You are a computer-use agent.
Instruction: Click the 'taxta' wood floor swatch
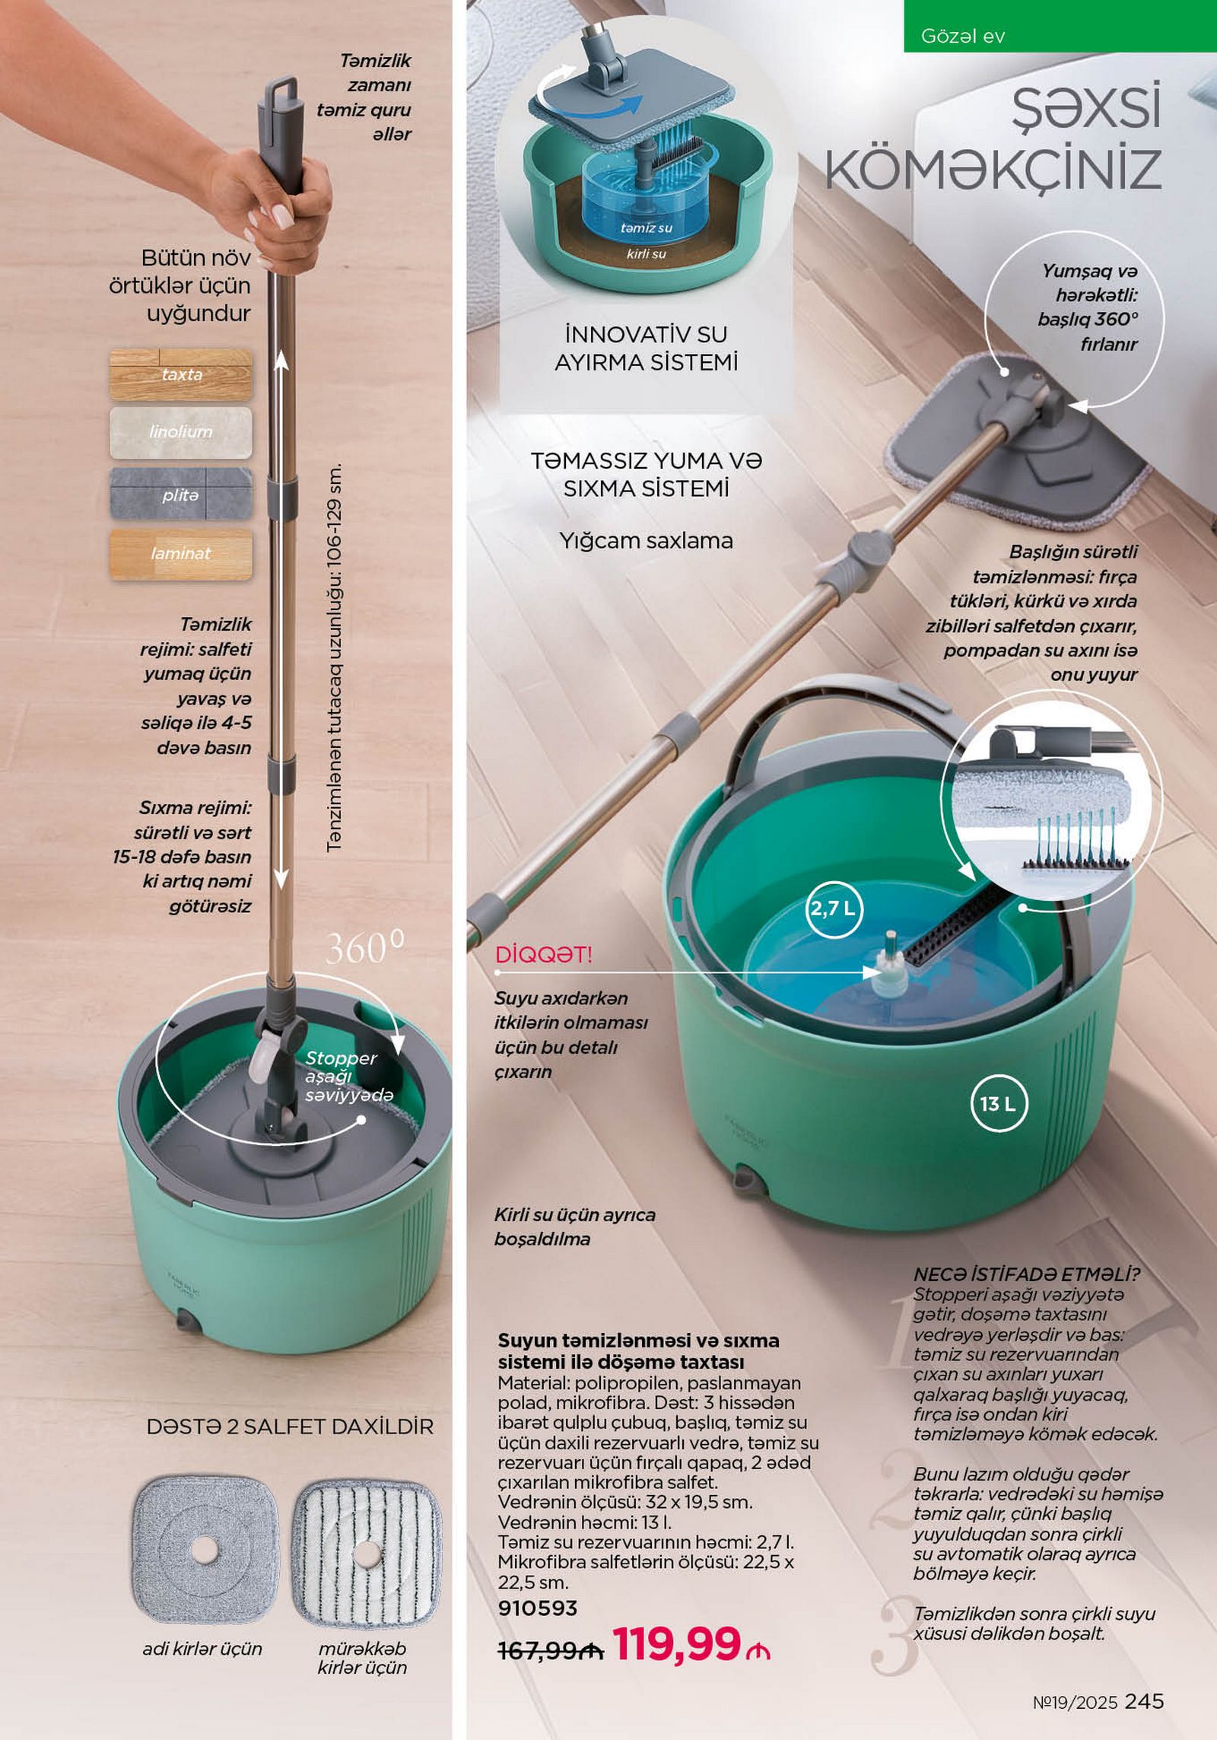[x=180, y=374]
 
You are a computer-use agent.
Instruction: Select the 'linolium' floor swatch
[x=180, y=432]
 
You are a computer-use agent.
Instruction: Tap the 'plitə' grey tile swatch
[x=180, y=495]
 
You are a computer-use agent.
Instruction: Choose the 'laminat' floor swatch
[x=180, y=554]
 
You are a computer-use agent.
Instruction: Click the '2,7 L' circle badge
[x=834, y=908]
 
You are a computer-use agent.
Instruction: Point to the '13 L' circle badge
[x=998, y=1104]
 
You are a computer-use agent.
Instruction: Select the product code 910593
[x=538, y=1608]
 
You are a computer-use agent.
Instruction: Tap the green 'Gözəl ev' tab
[x=1060, y=26]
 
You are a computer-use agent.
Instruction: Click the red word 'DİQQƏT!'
[x=543, y=955]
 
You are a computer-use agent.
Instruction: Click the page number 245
[x=1144, y=1700]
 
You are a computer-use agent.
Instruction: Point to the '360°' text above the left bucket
[x=365, y=948]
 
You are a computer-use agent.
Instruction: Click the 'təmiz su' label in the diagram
[x=646, y=228]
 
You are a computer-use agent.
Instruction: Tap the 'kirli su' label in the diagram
[x=646, y=254]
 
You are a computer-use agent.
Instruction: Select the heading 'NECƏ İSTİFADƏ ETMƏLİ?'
[x=1026, y=1274]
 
